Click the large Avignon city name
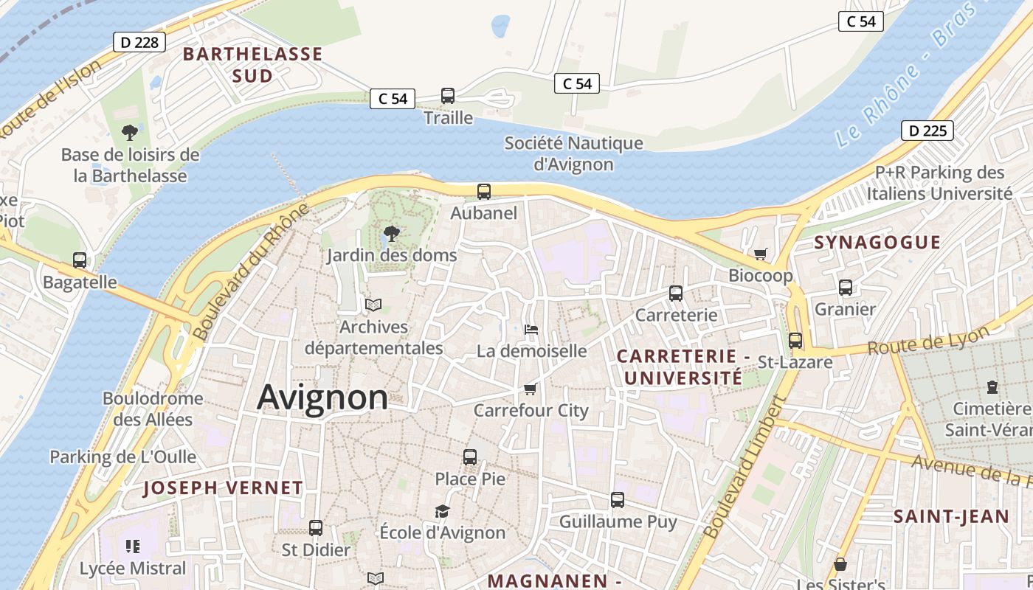(322, 398)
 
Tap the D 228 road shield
(139, 42)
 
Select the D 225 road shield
(927, 131)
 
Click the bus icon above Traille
(448, 96)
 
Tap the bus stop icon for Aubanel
(484, 192)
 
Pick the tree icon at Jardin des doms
(392, 235)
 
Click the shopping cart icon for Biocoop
(761, 254)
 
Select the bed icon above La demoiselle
(531, 329)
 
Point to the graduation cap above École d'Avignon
(442, 511)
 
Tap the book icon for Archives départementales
(374, 305)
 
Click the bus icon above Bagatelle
(80, 260)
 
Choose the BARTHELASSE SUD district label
(253, 65)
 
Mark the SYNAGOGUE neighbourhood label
(877, 243)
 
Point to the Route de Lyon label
(927, 340)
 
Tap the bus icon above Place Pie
(470, 457)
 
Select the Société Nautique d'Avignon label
(573, 153)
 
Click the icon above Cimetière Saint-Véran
(992, 386)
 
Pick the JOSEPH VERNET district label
(223, 487)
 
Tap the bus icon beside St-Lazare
(795, 341)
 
